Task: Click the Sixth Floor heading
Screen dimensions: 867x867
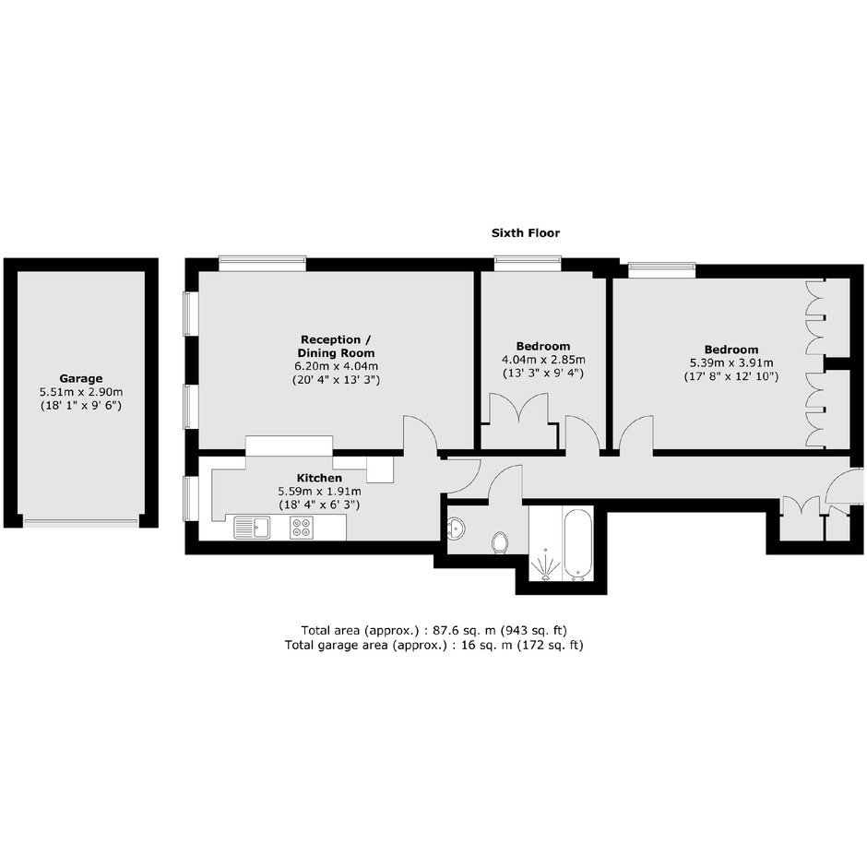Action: pos(526,232)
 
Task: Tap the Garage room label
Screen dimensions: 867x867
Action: pos(81,379)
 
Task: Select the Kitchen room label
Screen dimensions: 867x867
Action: pos(320,478)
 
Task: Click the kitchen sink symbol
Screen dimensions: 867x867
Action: pos(252,528)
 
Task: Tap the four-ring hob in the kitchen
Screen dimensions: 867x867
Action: pos(302,528)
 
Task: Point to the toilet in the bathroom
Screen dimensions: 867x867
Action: pos(500,542)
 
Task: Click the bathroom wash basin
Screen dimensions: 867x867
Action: pos(457,529)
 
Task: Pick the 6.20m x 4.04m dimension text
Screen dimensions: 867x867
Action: pos(336,366)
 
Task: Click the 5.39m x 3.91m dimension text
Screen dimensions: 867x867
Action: pos(731,362)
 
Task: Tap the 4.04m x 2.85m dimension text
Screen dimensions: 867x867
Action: pos(543,360)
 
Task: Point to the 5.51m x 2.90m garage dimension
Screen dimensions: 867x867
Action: pos(81,392)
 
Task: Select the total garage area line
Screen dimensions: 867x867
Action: pos(434,645)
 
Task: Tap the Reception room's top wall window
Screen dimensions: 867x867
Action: pos(262,263)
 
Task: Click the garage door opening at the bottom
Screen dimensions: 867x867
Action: pos(81,521)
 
